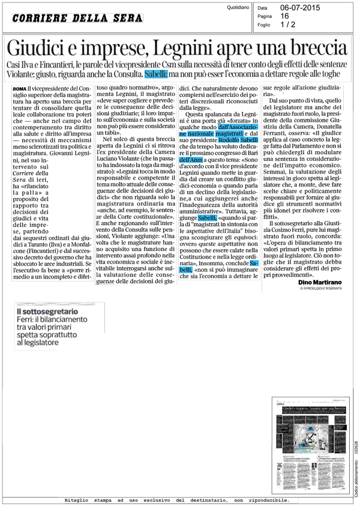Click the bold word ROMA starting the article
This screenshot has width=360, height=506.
[20, 89]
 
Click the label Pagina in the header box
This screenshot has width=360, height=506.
[265, 17]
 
